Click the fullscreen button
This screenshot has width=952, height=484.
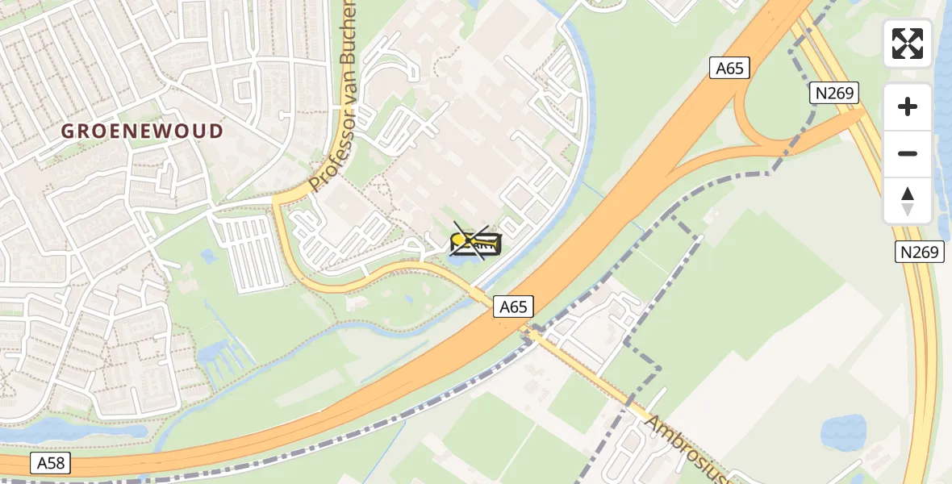(908, 44)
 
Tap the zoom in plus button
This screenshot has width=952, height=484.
(908, 106)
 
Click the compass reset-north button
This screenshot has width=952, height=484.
(908, 201)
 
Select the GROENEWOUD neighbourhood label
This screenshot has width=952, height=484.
(143, 131)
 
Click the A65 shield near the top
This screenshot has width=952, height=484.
(730, 69)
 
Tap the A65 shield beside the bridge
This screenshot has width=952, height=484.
(513, 307)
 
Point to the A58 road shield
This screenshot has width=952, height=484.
(52, 463)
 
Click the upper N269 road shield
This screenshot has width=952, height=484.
(834, 94)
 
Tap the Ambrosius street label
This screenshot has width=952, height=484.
(686, 449)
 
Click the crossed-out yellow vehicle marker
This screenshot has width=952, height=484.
(475, 242)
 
